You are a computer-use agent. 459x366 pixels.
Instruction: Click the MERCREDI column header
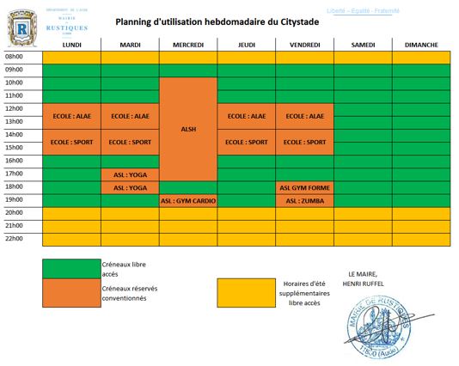[x=188, y=44]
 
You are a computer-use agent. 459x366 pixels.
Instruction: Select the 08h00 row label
[x=15, y=57]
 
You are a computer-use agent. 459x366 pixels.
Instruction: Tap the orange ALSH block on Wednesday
[x=188, y=129]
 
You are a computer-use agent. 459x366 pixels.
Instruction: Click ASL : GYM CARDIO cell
[x=188, y=201]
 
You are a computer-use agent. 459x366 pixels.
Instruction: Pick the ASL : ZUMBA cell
[x=304, y=201]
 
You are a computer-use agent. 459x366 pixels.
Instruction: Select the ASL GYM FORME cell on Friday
[x=304, y=187]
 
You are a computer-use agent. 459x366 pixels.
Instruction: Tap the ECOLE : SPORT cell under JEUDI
[x=246, y=142]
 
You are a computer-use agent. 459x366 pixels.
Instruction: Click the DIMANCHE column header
[x=421, y=44]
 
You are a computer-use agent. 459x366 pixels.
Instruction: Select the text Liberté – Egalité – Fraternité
[x=364, y=10]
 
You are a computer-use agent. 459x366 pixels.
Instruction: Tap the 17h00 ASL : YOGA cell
[x=130, y=174]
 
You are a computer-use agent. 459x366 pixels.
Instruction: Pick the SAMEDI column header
[x=363, y=44]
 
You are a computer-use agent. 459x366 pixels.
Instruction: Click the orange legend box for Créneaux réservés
[x=71, y=295]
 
